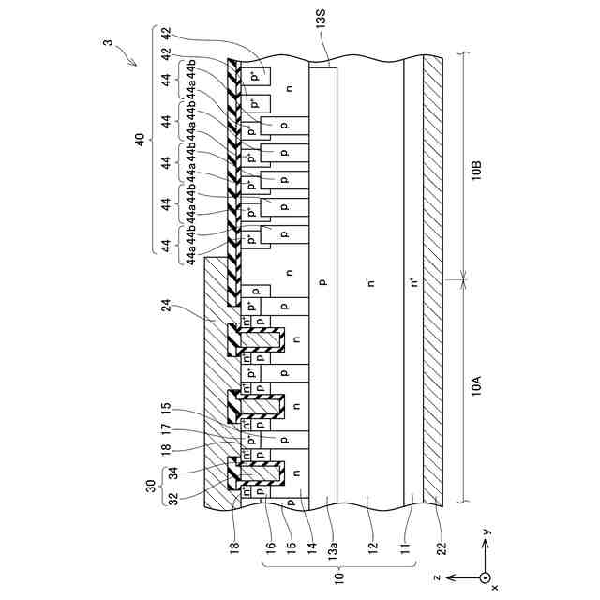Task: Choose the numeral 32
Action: point(172,497)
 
